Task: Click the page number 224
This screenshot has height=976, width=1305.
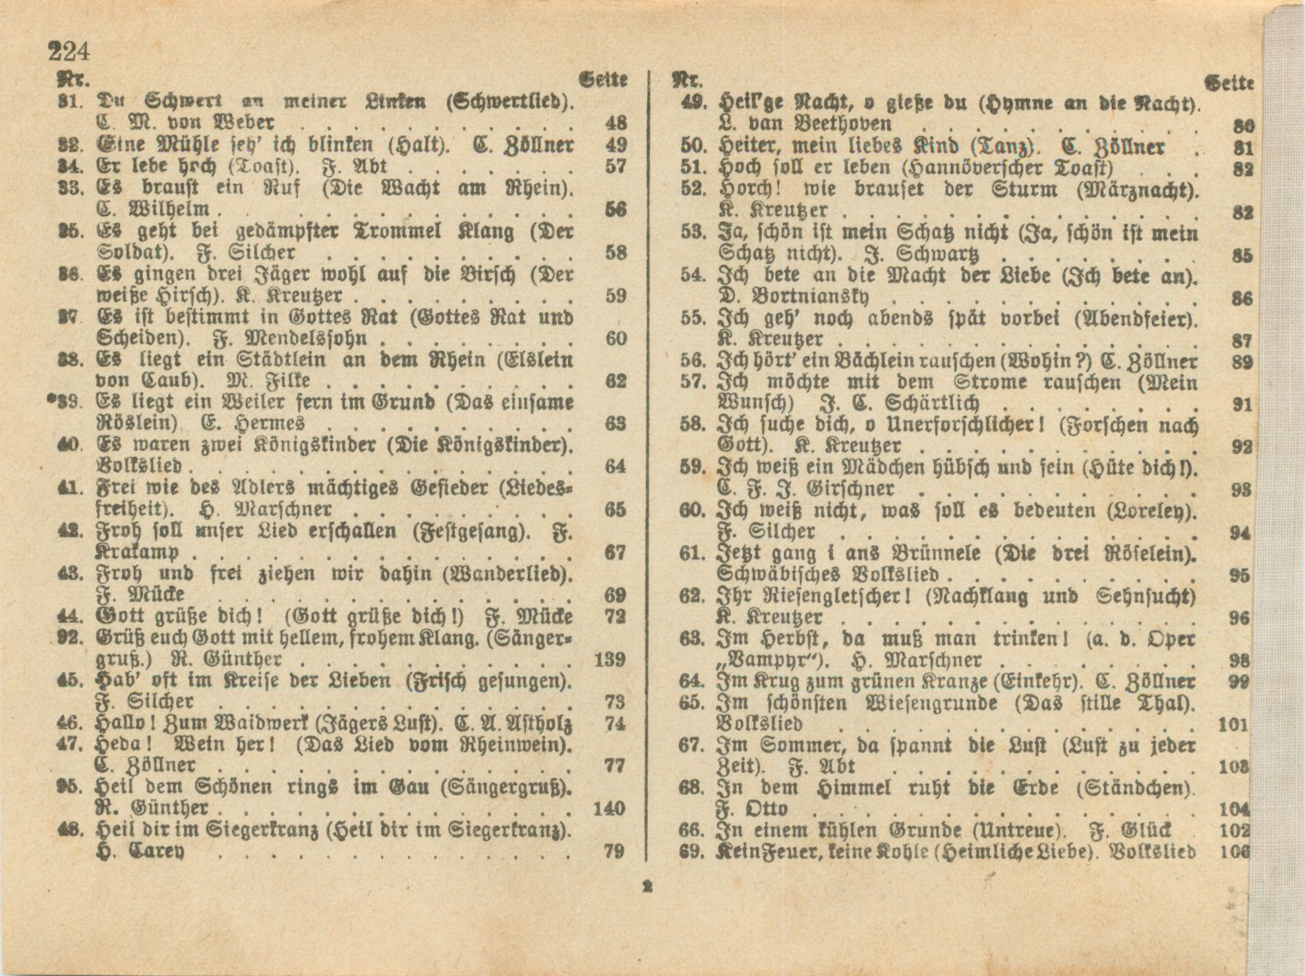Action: point(68,51)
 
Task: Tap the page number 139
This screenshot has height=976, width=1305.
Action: point(609,659)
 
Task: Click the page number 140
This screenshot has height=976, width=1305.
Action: point(609,808)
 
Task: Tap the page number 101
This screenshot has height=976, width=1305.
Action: point(1234,725)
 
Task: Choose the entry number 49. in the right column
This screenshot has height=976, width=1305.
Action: point(693,103)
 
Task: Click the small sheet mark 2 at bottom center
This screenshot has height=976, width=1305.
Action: point(647,887)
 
